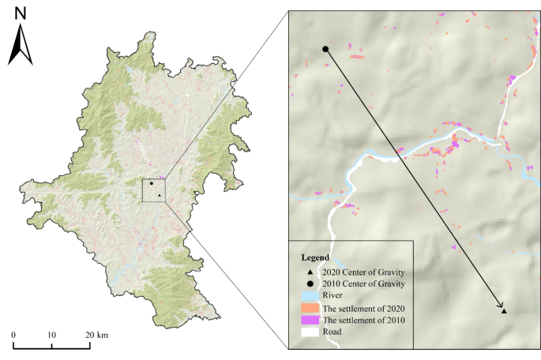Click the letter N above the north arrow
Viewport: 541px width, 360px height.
pos(21,13)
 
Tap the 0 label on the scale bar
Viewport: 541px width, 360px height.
pos(13,335)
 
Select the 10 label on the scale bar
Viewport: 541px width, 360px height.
pos(52,335)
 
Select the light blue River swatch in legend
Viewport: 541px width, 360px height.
pos(308,295)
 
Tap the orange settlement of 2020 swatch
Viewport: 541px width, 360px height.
pos(308,307)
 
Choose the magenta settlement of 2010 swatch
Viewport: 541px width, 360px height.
pos(308,319)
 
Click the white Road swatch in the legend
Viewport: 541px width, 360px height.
pos(308,332)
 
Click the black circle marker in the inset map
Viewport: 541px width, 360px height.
pos(325,49)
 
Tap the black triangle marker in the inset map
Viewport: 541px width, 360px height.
pos(504,312)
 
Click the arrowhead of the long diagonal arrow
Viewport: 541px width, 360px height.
pos(500,306)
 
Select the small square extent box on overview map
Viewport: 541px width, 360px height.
pos(153,190)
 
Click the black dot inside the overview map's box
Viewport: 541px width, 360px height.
pos(150,183)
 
